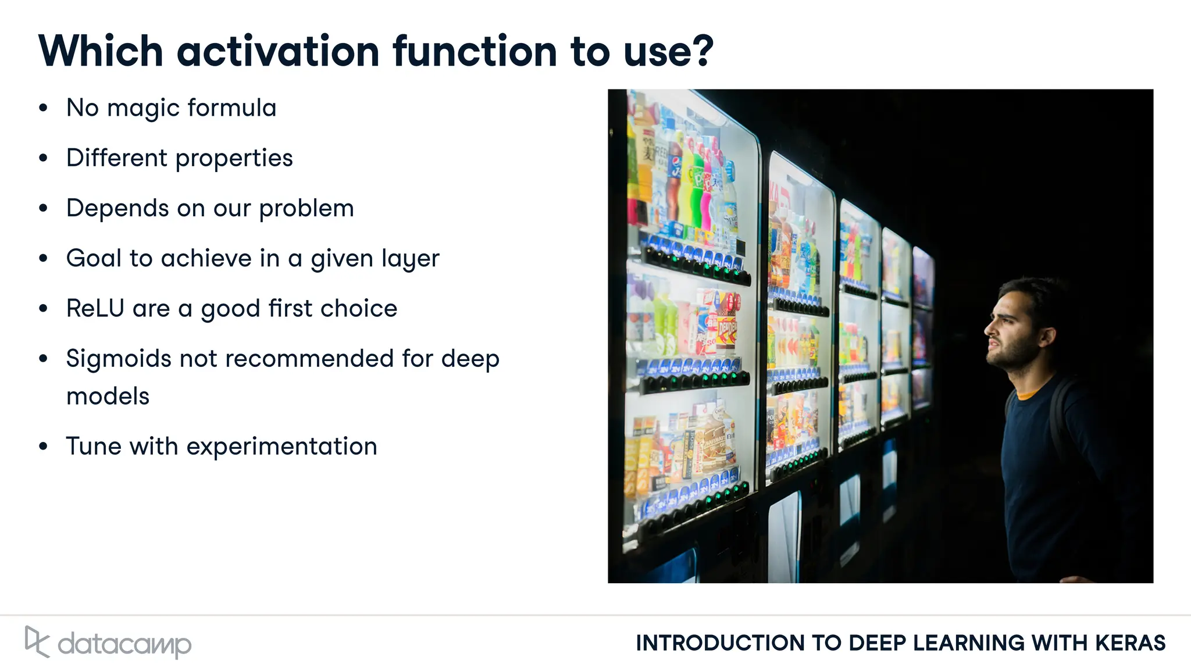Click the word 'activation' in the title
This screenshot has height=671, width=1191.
(x=278, y=51)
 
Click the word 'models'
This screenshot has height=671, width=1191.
(x=108, y=397)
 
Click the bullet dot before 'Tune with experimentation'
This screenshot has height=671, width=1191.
(x=43, y=447)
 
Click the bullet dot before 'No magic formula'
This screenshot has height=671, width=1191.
(x=43, y=108)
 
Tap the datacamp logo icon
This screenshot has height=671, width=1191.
(x=37, y=641)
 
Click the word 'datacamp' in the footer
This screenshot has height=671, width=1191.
(x=124, y=644)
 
